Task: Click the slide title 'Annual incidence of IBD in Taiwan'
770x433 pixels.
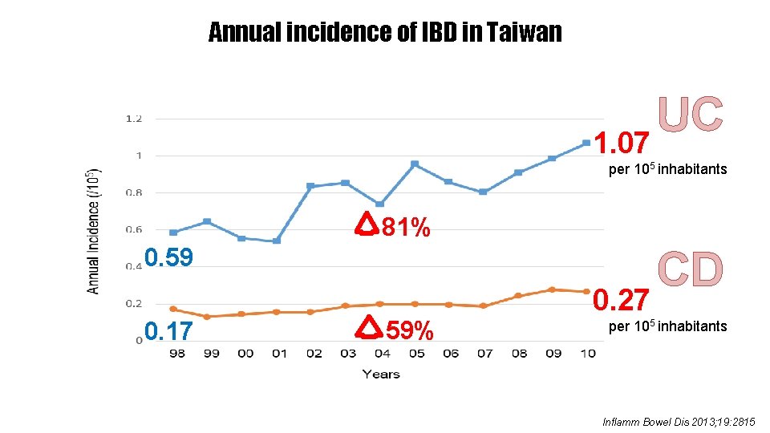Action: [x=385, y=33]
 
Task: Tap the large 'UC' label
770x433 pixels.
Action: [x=691, y=115]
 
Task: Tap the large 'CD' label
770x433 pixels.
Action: [x=691, y=269]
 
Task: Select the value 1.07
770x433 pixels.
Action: [x=622, y=144]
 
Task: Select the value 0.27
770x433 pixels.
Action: [x=621, y=301]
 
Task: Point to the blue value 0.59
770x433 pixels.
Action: [x=169, y=258]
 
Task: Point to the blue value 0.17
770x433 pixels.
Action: [x=168, y=329]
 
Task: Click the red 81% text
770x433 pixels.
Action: [x=405, y=229]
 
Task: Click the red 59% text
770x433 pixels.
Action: [x=409, y=330]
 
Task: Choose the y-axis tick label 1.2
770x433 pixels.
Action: [x=133, y=119]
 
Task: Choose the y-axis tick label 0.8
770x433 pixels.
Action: [x=133, y=192]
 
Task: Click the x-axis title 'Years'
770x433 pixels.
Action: [x=381, y=374]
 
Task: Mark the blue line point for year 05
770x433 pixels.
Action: [x=415, y=164]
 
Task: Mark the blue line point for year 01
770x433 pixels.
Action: [x=277, y=241]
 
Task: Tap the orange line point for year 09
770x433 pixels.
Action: [x=552, y=289]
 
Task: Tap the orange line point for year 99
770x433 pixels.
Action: [x=208, y=317]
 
